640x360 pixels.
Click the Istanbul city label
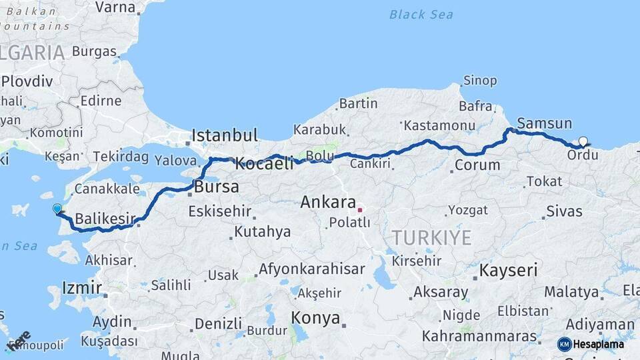224,135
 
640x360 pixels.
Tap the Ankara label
327,201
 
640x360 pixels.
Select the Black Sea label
421,14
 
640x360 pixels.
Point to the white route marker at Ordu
583,141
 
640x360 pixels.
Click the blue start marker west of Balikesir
57,209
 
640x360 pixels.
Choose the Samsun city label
544,123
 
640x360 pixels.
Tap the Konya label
316,317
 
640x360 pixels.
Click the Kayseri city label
509,270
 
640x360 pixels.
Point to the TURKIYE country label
431,237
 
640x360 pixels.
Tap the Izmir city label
81,288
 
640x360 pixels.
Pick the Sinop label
480,81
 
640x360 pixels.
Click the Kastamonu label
439,125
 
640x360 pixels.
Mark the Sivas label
564,211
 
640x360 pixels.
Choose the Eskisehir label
220,211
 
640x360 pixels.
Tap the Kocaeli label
264,163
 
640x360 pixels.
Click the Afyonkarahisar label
312,269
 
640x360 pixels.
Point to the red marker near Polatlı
360,210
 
